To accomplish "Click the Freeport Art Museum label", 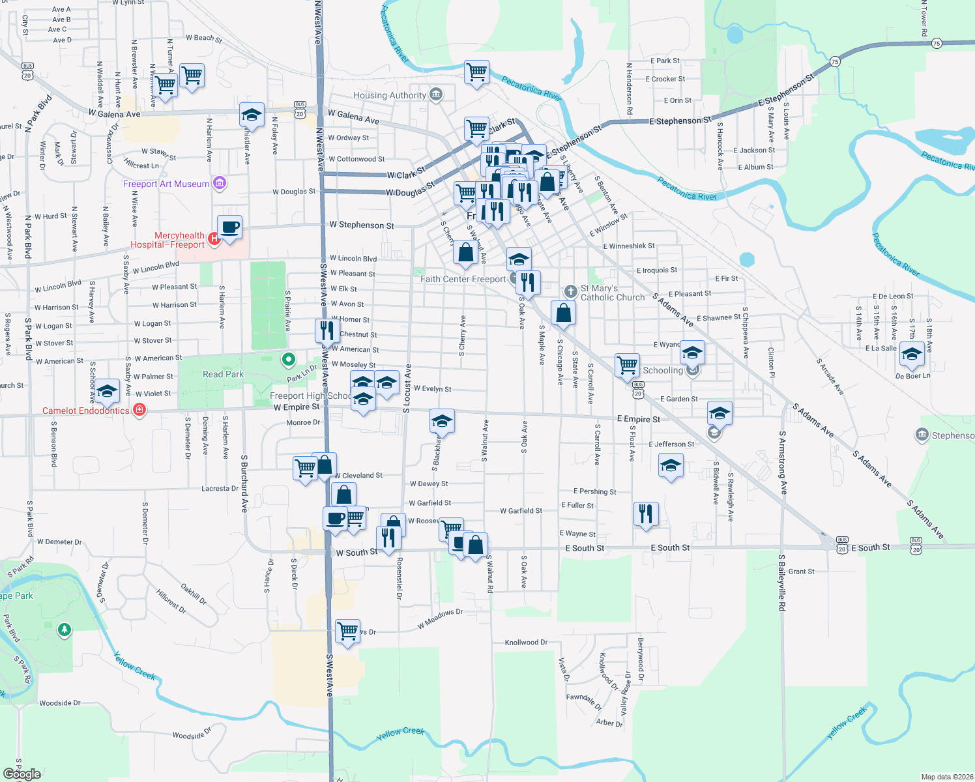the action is (x=166, y=184).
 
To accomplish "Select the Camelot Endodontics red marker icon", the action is (x=139, y=410).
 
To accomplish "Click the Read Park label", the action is (x=223, y=374).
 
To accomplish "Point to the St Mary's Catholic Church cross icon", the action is (x=570, y=291).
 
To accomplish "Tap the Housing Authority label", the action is (x=389, y=95).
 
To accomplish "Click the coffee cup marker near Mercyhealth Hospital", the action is (x=229, y=228).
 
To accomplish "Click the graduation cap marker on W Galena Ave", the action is (x=252, y=115).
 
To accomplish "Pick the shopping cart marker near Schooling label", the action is (x=627, y=366).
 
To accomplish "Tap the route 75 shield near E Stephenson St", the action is (x=835, y=61).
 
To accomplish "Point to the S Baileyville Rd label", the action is (x=781, y=583).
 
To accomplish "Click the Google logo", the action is (x=22, y=774).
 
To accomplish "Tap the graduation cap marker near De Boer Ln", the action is (x=911, y=354).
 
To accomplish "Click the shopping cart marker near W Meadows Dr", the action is (x=348, y=630).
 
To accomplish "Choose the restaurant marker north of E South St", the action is (x=645, y=514).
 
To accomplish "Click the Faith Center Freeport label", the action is (x=463, y=279).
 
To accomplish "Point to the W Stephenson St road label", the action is (x=361, y=225).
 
